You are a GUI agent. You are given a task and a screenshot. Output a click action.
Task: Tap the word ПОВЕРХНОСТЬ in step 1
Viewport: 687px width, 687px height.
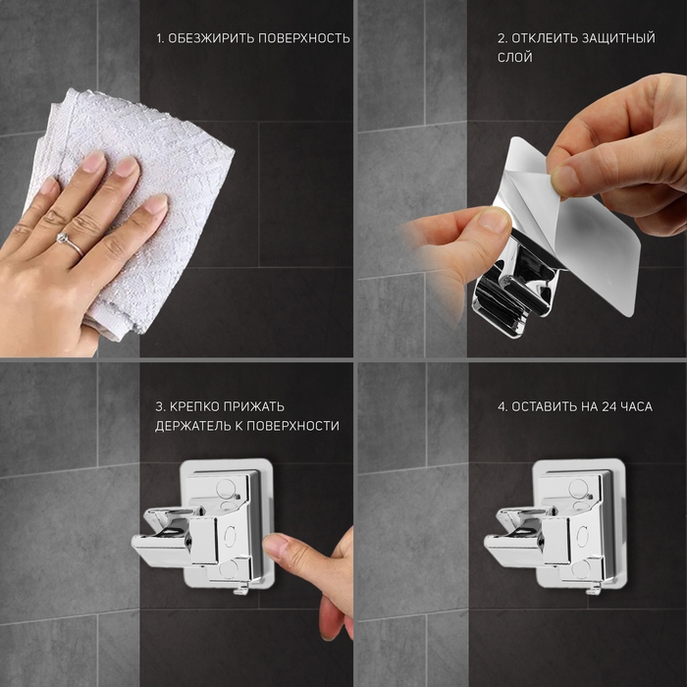303,38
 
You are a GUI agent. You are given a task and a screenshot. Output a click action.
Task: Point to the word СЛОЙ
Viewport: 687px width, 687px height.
515,57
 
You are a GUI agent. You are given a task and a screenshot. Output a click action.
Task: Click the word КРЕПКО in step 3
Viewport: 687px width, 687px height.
194,406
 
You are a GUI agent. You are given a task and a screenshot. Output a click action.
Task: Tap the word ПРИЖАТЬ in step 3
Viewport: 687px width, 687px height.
253,406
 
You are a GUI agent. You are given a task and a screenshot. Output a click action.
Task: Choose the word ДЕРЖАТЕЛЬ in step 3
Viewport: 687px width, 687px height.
192,426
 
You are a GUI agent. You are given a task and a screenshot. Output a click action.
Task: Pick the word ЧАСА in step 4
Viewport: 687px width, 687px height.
637,406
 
